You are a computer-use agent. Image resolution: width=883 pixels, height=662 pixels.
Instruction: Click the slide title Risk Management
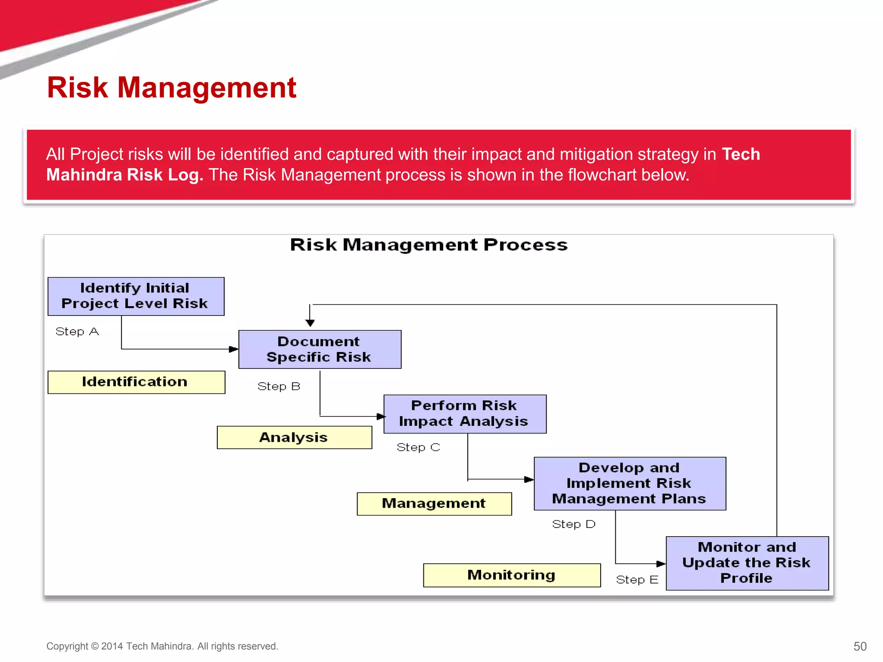(172, 88)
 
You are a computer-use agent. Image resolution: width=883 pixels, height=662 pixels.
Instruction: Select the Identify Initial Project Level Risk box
(136, 296)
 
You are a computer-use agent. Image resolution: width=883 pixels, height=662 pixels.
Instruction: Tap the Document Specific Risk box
(319, 349)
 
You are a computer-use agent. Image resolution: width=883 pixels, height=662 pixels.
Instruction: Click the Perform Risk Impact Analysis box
(464, 414)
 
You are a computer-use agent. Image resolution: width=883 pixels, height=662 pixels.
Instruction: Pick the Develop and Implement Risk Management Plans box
(629, 483)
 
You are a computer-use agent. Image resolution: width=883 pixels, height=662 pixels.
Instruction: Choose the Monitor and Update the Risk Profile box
(747, 563)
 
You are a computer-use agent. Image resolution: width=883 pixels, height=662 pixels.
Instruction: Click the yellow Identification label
(136, 382)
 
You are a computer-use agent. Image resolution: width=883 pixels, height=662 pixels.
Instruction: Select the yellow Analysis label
(294, 437)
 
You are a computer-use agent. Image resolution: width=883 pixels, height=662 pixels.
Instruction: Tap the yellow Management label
(434, 503)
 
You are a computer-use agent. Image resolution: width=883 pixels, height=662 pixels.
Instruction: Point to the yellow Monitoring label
(511, 575)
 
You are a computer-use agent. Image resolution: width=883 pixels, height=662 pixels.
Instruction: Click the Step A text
(77, 331)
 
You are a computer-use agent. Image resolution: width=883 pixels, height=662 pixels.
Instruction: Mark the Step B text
(279, 386)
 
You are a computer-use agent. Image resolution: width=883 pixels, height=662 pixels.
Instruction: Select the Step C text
(418, 447)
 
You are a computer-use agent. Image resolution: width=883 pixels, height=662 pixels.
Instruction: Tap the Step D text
(573, 524)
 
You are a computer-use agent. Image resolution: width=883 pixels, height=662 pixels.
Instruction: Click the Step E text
(637, 580)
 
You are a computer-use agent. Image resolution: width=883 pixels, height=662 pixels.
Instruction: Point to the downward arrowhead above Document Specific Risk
(310, 323)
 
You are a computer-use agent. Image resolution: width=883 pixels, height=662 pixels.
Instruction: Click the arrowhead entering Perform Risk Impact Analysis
(380, 416)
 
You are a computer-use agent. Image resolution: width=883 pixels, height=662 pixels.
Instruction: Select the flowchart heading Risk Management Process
(429, 245)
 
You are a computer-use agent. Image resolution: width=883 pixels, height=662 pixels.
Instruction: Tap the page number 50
(860, 646)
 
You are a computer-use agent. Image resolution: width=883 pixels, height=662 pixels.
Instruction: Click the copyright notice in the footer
(162, 646)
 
